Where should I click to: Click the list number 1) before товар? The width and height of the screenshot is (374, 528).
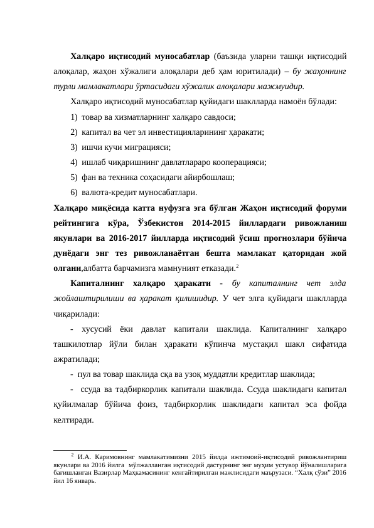coord(74,117)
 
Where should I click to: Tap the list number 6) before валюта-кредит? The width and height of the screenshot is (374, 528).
coord(74,193)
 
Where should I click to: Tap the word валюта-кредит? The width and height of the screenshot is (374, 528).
coord(109,193)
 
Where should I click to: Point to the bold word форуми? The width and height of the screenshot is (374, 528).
coord(334,208)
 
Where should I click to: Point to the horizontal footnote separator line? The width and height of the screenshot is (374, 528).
coord(90,450)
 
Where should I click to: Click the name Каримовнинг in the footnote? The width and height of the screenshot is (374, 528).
coord(120,456)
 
